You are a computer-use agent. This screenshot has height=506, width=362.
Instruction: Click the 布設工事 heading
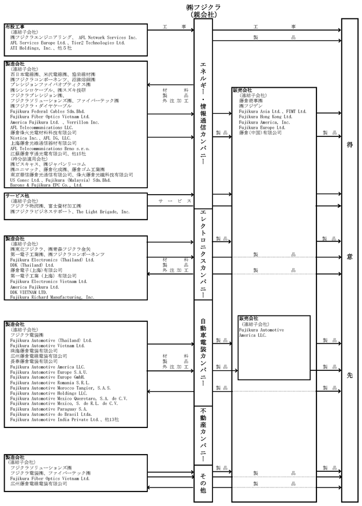click(14, 27)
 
